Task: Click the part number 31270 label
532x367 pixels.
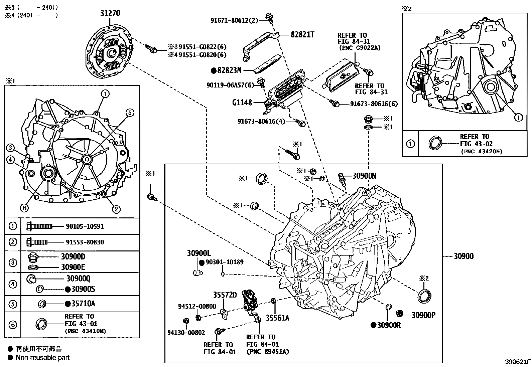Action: click(x=110, y=13)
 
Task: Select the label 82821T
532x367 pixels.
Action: click(x=302, y=34)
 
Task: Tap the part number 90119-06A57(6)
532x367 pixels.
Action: click(x=231, y=85)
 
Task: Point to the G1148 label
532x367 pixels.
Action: click(x=242, y=103)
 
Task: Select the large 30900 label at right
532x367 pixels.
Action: click(x=463, y=256)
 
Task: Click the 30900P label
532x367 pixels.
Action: click(x=423, y=315)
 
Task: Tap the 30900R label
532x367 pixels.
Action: click(x=389, y=325)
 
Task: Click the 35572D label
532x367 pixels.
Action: click(x=225, y=295)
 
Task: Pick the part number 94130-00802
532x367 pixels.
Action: click(x=186, y=332)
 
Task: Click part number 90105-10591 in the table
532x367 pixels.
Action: click(x=84, y=226)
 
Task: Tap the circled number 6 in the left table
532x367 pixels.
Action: click(x=12, y=324)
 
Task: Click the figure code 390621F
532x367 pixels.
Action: click(x=518, y=362)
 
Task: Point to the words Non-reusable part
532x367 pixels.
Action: click(x=43, y=357)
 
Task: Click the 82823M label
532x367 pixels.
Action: click(x=229, y=70)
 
